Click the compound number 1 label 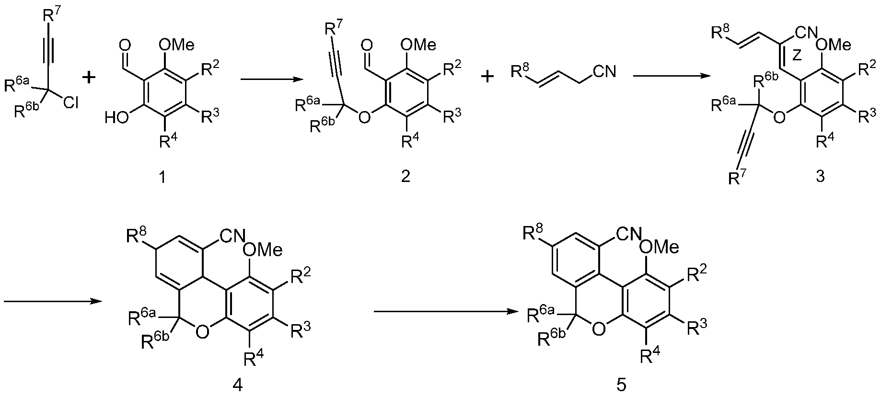point(162,177)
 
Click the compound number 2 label point(406,177)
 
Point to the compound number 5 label point(621,385)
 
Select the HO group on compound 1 point(116,117)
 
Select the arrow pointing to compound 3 point(671,75)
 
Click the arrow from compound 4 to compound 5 point(448,312)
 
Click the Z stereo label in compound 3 point(796,57)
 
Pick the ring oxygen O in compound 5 point(598,328)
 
